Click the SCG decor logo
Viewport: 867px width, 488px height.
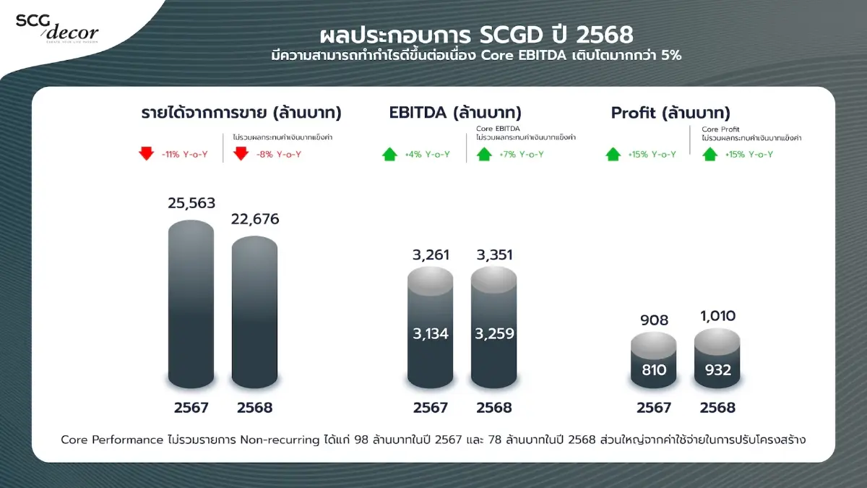(x=57, y=27)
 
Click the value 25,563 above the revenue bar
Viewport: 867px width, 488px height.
(x=191, y=204)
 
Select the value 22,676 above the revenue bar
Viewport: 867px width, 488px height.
(x=254, y=219)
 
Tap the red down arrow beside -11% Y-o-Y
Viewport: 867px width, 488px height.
(x=147, y=154)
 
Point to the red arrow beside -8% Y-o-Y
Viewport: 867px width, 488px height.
(x=241, y=154)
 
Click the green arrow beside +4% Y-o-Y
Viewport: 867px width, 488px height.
(x=390, y=154)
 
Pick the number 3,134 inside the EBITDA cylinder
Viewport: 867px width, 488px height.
(x=431, y=333)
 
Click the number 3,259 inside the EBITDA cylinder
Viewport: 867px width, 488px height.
(x=494, y=333)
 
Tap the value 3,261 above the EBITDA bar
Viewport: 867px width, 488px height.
(x=431, y=254)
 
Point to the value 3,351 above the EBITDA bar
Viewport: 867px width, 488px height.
(x=494, y=254)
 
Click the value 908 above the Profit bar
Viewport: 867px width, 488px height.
(x=654, y=320)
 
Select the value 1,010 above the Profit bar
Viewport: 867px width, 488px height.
(x=717, y=316)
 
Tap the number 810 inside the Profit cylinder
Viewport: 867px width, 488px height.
(x=654, y=370)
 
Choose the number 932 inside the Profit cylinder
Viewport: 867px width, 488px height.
(x=717, y=370)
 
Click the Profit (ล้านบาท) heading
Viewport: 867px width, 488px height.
(x=670, y=113)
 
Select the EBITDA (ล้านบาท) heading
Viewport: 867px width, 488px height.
(x=455, y=113)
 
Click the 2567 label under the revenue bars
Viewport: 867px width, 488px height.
(x=191, y=408)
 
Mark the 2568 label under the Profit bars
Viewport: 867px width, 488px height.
(x=717, y=408)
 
